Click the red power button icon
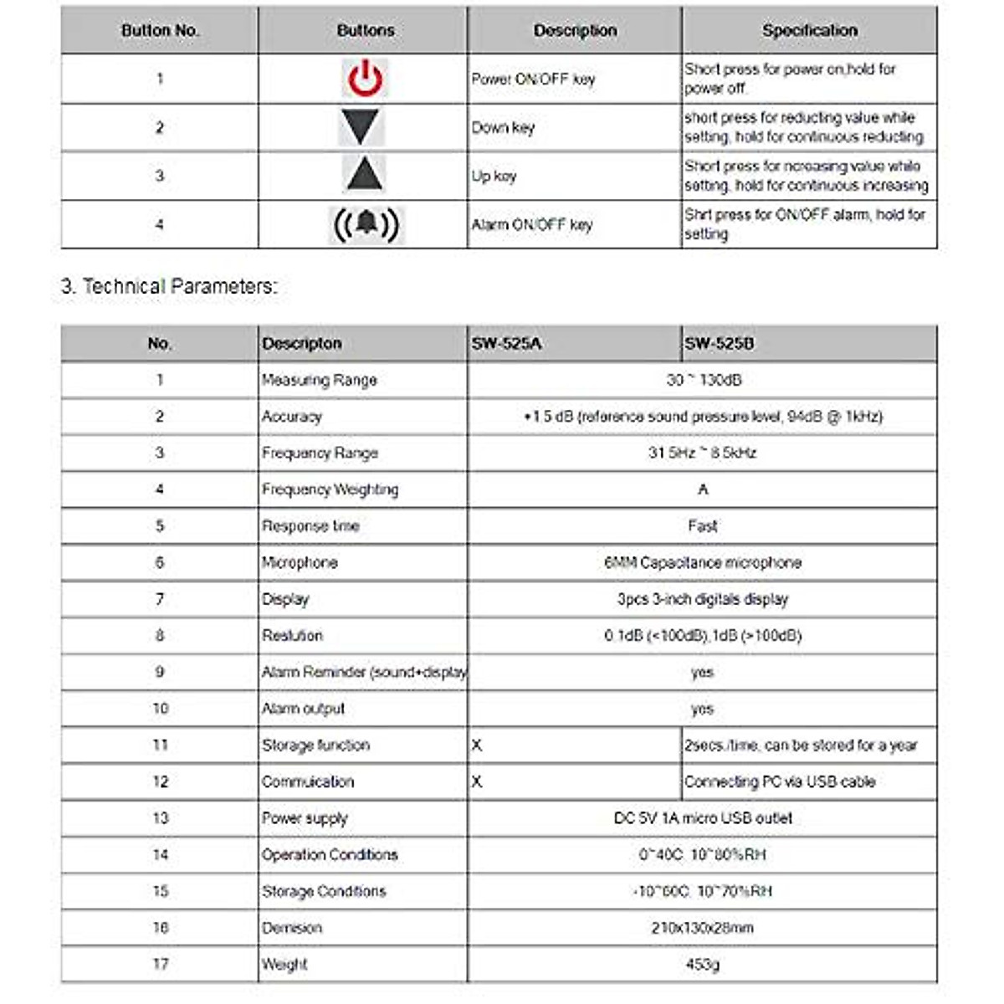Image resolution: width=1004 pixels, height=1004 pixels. point(365,79)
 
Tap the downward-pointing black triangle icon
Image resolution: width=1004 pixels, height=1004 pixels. point(362,127)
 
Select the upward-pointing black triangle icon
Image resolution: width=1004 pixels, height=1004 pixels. point(364,175)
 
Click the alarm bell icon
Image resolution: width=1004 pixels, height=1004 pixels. point(366,224)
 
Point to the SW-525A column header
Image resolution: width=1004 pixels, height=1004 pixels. point(506,344)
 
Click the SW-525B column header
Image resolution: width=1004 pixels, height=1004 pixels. point(719,344)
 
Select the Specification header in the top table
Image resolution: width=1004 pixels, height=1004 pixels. point(809,30)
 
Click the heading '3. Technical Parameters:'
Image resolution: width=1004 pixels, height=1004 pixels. point(168,286)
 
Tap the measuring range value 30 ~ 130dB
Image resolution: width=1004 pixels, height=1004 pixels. point(703,380)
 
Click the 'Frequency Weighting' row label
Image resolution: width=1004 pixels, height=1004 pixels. point(330,489)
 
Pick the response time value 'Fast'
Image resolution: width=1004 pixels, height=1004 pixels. point(703,526)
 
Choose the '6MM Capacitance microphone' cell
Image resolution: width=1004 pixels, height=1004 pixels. point(703,562)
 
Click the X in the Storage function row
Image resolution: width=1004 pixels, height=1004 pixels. point(477,745)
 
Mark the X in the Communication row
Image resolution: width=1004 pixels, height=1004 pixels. point(477,781)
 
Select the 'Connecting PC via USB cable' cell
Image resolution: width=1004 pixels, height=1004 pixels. point(780,781)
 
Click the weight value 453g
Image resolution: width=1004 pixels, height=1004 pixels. point(703,964)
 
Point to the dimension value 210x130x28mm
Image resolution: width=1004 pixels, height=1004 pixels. point(703,928)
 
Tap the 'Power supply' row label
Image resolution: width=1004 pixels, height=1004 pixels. point(305,818)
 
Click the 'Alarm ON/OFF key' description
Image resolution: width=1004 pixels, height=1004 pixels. point(532,224)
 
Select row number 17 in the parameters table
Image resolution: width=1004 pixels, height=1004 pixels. point(160,964)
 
